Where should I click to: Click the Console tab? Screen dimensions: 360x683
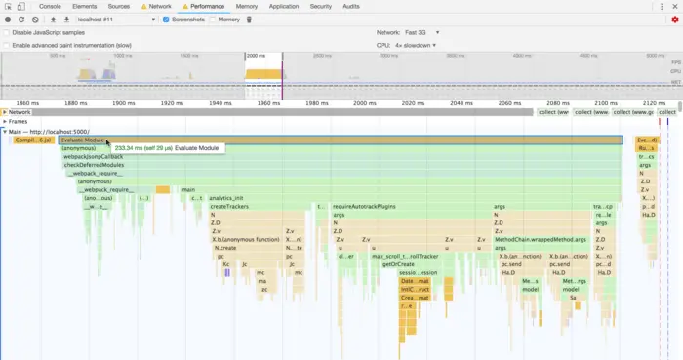[x=50, y=6]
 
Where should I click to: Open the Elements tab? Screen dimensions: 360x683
[x=85, y=6]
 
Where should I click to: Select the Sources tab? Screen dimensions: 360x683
[x=119, y=6]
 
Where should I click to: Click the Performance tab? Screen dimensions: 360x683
[x=206, y=6]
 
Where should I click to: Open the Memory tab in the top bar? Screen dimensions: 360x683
[x=247, y=6]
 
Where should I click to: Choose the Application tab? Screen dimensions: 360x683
[x=284, y=6]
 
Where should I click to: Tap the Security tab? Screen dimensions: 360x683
[x=320, y=6]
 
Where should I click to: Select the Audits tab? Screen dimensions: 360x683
[x=351, y=6]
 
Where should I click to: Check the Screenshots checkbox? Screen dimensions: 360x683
[x=166, y=20]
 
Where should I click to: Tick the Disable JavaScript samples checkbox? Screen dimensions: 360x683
[x=7, y=32]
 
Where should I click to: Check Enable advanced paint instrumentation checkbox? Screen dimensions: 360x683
[x=7, y=45]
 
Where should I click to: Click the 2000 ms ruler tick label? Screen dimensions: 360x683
[x=364, y=102]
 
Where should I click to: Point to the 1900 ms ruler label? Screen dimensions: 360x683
[x=124, y=102]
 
